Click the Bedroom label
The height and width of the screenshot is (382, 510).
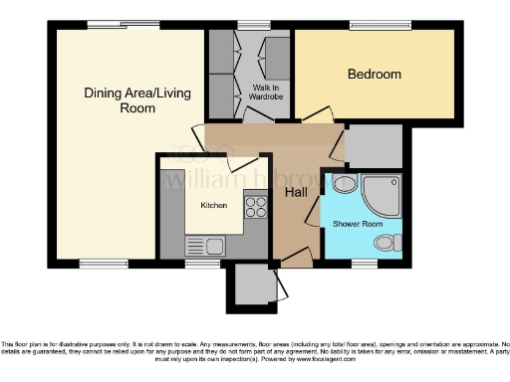374,74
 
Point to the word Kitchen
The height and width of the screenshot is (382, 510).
214,206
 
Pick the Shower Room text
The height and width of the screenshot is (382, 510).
358,224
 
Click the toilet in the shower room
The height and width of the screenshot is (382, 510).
393,242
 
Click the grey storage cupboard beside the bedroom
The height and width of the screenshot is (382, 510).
373,146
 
